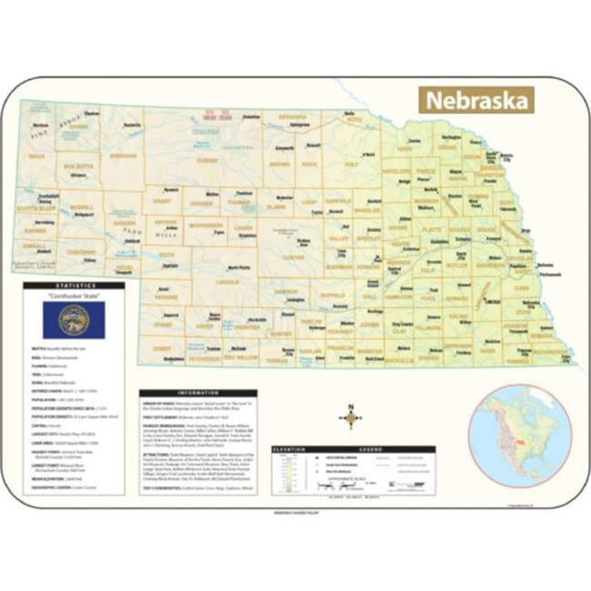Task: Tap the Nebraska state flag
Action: [74, 320]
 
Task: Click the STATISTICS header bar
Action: [74, 285]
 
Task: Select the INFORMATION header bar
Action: [198, 394]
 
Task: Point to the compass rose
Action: [351, 418]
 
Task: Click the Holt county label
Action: [351, 165]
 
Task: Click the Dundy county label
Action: [162, 349]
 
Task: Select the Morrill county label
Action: [82, 206]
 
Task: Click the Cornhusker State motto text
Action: [74, 296]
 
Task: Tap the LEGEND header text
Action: [371, 449]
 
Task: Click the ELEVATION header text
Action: [293, 449]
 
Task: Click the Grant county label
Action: [163, 200]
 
